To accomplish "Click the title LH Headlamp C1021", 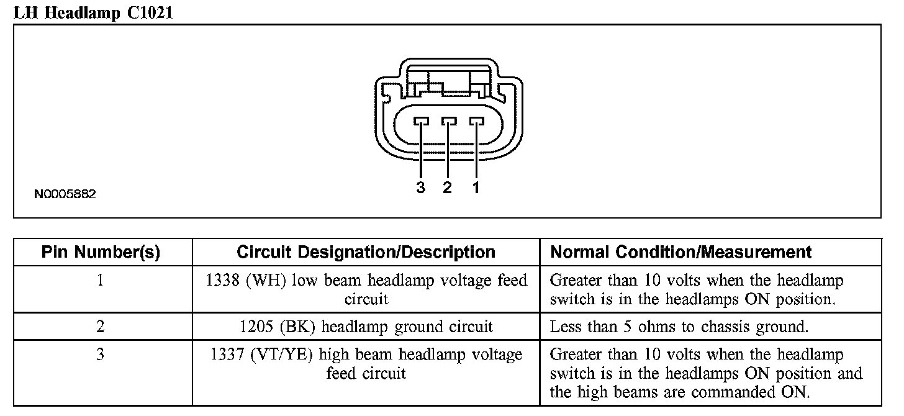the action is click(x=93, y=12).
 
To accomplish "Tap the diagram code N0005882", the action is click(x=65, y=194).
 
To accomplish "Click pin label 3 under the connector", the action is click(x=421, y=188).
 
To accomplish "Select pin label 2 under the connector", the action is click(x=448, y=188).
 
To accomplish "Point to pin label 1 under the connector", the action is click(x=476, y=188).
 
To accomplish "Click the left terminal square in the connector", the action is click(x=421, y=122).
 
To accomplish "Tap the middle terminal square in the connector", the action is click(x=448, y=122).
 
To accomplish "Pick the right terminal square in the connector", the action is click(x=476, y=122).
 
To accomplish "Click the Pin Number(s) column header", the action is click(x=101, y=252).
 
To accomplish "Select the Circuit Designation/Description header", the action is click(x=366, y=252).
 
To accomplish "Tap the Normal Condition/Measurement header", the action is click(x=681, y=252).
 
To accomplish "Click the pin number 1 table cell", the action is click(x=101, y=281).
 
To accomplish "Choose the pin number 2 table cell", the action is click(x=101, y=327).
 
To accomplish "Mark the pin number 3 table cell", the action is click(x=101, y=355).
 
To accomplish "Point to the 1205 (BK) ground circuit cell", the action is click(x=366, y=327).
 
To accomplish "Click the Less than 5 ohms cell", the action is click(x=679, y=327).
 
